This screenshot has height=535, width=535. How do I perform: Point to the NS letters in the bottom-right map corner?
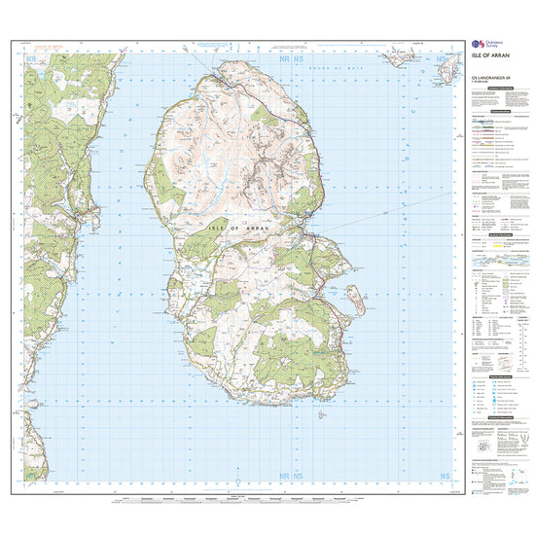click(x=444, y=477)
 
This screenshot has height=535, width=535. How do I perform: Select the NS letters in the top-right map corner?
click(x=444, y=60)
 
